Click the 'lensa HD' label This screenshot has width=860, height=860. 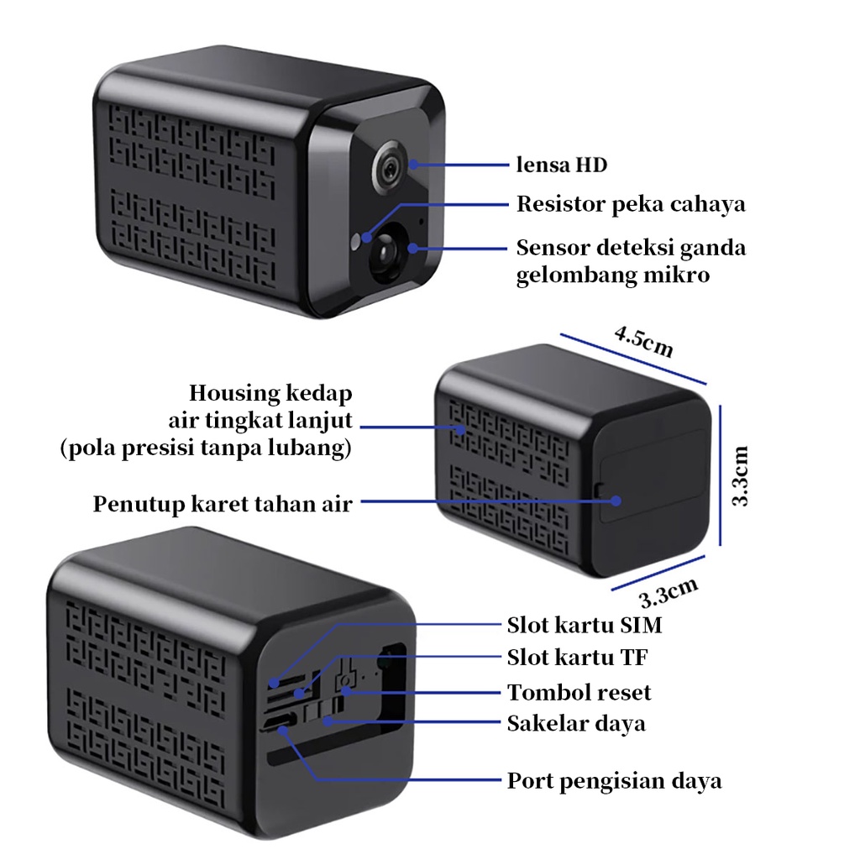[561, 165]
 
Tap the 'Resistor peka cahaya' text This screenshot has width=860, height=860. [631, 204]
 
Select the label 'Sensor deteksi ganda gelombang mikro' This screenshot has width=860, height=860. [631, 260]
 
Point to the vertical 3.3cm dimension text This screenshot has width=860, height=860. [740, 475]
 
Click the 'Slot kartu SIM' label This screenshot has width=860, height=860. [585, 625]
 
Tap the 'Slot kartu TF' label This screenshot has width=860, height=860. [578, 656]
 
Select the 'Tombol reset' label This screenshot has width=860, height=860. [579, 692]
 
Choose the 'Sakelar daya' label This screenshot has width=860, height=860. [576, 722]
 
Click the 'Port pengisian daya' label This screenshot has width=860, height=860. [614, 780]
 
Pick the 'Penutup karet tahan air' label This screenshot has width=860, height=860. [222, 504]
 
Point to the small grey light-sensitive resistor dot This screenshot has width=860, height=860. [359, 239]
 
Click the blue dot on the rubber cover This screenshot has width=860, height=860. [616, 501]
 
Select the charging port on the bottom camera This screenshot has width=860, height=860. [281, 722]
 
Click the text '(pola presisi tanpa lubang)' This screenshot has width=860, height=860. [206, 448]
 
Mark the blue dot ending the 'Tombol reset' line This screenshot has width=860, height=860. [345, 692]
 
